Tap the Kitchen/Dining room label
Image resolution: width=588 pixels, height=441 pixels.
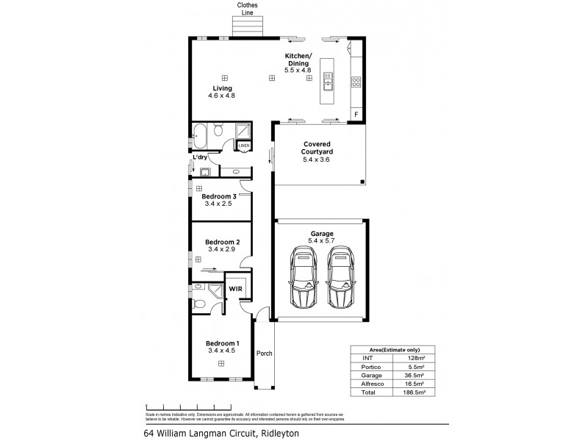click(x=298, y=63)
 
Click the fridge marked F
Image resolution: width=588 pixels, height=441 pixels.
click(x=356, y=115)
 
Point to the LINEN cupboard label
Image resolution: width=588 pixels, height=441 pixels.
click(x=244, y=146)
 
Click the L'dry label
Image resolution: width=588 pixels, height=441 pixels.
click(x=199, y=157)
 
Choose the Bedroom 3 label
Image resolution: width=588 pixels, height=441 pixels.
click(x=219, y=196)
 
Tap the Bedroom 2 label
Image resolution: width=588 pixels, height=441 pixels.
click(x=222, y=243)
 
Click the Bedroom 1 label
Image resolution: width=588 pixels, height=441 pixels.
click(x=222, y=344)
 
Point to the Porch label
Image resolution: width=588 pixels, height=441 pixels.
click(x=264, y=354)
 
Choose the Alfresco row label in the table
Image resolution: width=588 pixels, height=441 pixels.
click(x=366, y=384)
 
